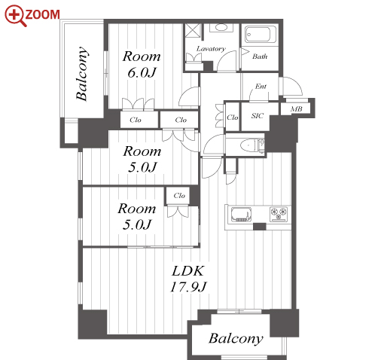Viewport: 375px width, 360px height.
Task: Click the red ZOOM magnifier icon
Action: (x=15, y=16)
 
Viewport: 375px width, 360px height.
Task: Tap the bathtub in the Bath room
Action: (x=258, y=35)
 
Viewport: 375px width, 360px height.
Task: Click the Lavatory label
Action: (x=211, y=49)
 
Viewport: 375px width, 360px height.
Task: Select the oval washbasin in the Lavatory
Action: (x=221, y=27)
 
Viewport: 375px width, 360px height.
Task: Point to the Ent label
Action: (x=261, y=87)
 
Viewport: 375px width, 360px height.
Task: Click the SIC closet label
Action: (x=258, y=116)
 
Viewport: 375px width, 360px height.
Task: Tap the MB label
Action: (x=296, y=109)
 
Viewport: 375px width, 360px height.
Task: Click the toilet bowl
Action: (x=248, y=145)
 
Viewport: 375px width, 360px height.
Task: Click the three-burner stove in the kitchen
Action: (x=279, y=214)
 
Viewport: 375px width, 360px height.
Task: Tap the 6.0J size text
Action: (x=142, y=72)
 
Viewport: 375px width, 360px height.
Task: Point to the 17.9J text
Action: (x=188, y=287)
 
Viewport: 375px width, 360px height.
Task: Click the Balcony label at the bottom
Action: (x=236, y=339)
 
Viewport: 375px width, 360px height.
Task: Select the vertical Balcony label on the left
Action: (x=82, y=74)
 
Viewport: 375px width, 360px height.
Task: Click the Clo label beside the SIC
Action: (x=232, y=117)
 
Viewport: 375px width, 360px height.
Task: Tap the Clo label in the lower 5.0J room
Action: (x=179, y=195)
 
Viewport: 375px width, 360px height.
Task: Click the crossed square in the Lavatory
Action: (x=193, y=31)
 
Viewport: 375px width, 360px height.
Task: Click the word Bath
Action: (x=260, y=56)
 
